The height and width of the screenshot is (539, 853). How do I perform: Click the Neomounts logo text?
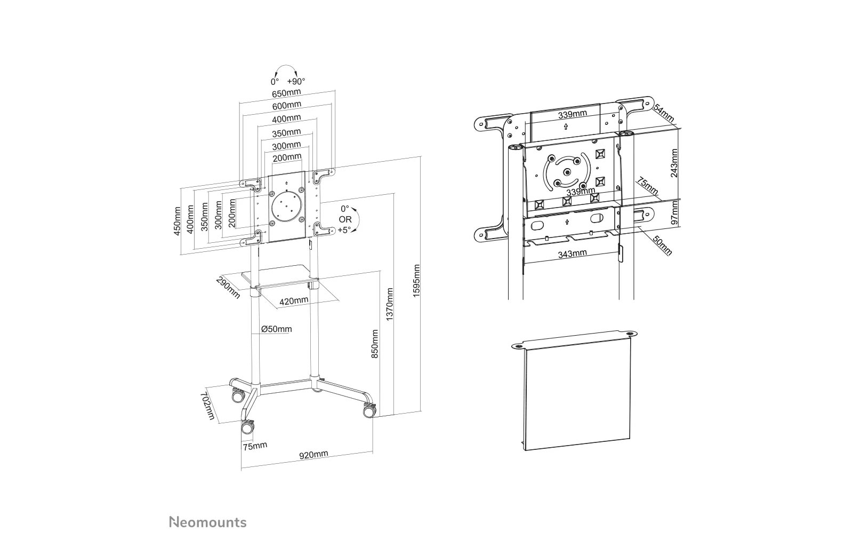click(208, 521)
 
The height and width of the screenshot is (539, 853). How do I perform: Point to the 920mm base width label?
click(313, 454)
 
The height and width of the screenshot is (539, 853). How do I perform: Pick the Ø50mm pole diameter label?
click(277, 329)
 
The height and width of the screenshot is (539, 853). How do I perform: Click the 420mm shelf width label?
click(294, 300)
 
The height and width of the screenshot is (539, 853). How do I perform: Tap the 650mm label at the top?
click(286, 93)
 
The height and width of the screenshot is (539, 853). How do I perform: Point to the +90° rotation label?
click(296, 82)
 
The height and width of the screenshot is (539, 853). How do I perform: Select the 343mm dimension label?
click(572, 254)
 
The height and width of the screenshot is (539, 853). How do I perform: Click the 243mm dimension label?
click(674, 163)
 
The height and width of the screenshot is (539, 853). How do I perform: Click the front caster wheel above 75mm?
click(247, 427)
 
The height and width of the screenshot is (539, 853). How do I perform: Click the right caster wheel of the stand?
click(369, 411)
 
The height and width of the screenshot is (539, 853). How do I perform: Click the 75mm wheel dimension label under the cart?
click(254, 446)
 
